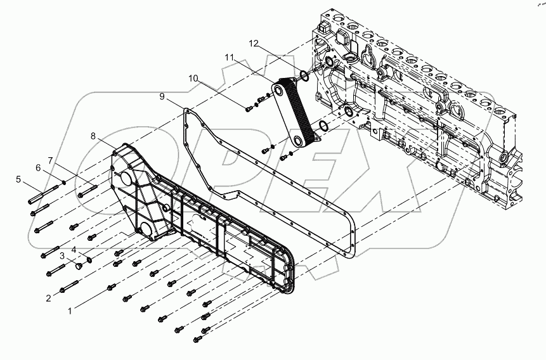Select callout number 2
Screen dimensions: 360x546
pos(49,297)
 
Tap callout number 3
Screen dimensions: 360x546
pos(63,255)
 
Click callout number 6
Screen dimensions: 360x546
pos(37,167)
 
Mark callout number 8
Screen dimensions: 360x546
pos(93,136)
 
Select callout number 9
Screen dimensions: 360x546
pos(163,96)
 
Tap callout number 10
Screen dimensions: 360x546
pos(193,78)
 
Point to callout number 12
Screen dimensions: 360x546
pos(254,43)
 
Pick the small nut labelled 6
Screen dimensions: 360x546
pos(65,182)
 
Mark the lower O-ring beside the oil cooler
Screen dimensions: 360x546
pos(322,127)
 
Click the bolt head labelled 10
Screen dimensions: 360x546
pos(248,108)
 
